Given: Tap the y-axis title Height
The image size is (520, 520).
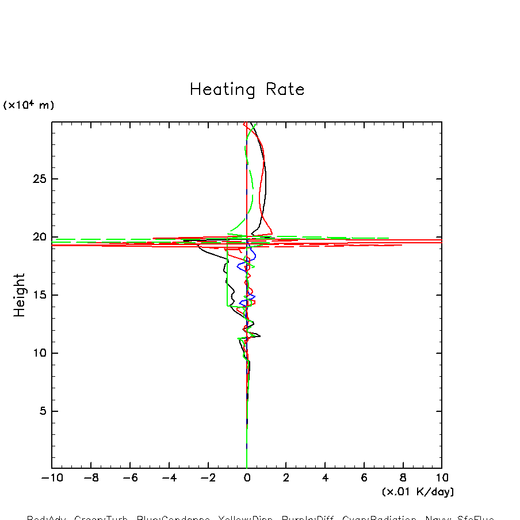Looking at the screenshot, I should tap(20, 295).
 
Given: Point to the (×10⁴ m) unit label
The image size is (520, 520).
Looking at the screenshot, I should tap(29, 105).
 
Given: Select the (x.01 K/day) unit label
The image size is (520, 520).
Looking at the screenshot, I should tap(418, 492).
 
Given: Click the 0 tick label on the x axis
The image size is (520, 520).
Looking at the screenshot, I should tap(247, 478).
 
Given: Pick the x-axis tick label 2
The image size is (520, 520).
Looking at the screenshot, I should tap(286, 478).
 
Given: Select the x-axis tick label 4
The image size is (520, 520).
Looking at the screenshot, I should tap(325, 478).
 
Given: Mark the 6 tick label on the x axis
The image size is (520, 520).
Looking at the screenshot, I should tap(364, 478).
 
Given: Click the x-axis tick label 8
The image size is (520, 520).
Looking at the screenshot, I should tap(403, 478).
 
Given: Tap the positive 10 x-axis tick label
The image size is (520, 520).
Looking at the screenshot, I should tap(441, 478).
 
